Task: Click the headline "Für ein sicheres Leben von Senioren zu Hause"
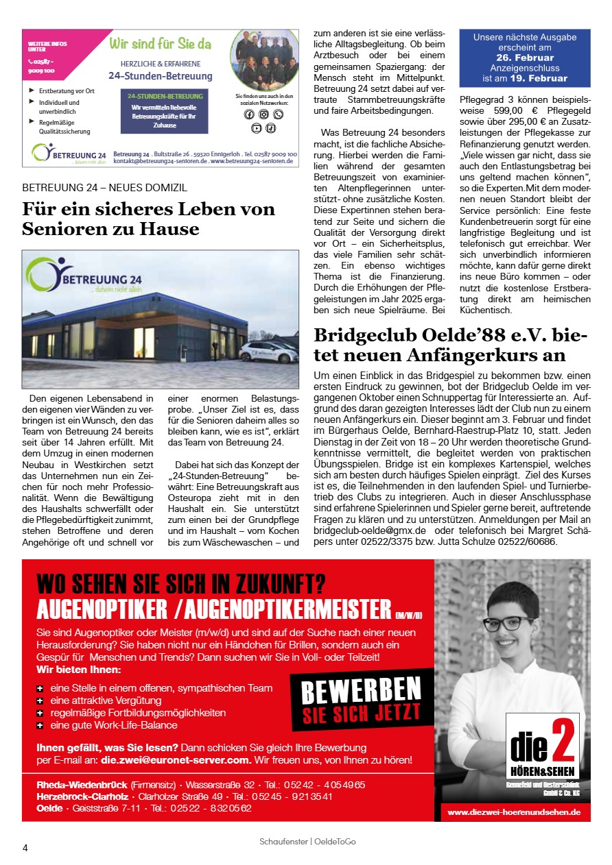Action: [148, 219]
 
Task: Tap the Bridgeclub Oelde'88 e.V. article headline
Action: [450, 345]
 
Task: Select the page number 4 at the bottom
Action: [25, 847]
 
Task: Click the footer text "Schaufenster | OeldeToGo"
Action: [307, 841]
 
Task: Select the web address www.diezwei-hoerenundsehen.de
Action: [514, 812]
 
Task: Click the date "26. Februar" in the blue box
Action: [524, 58]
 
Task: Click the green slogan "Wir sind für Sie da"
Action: [161, 45]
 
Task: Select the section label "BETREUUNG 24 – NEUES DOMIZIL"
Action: [104, 187]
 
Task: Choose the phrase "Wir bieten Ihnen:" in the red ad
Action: [79, 669]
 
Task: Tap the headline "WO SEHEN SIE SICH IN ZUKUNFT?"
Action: [181, 583]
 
